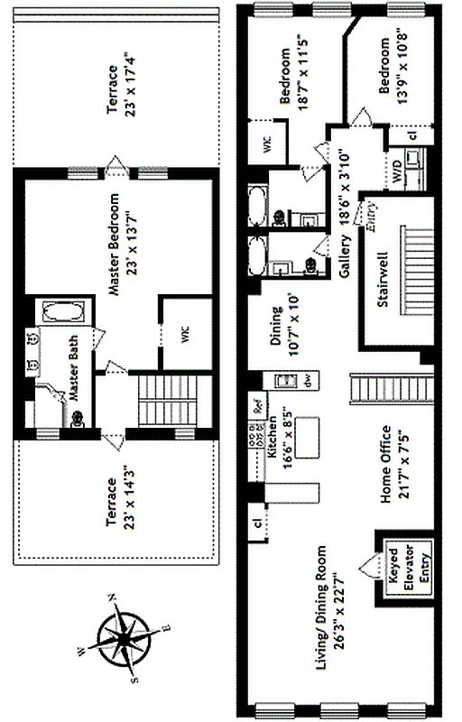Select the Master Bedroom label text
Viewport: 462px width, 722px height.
122,239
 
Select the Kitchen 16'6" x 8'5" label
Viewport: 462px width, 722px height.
278,449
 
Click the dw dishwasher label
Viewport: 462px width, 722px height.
308,382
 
